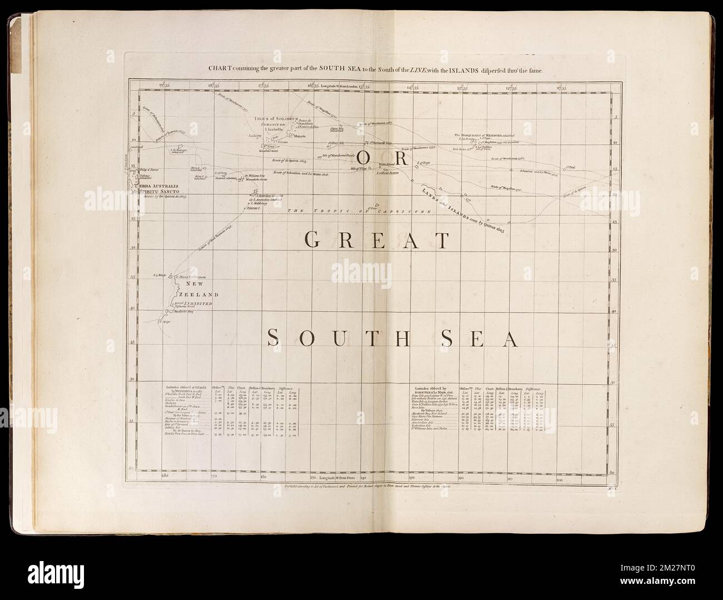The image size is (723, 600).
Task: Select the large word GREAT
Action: (377, 240)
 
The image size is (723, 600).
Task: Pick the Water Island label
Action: (386, 164)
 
